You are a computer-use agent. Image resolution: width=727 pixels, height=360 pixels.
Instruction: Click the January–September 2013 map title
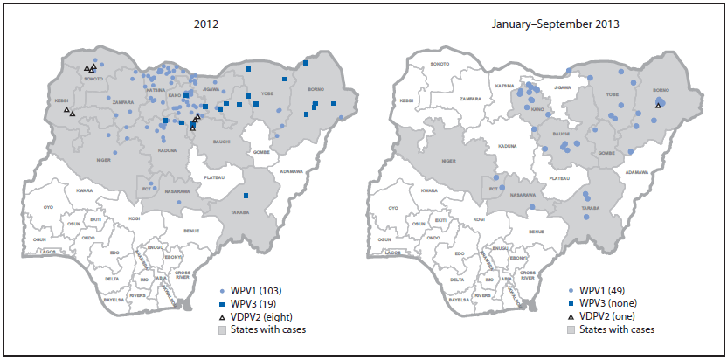556,24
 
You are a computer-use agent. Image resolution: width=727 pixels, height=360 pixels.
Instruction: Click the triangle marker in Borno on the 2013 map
658,106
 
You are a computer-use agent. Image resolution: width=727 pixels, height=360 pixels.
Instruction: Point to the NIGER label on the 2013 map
449,161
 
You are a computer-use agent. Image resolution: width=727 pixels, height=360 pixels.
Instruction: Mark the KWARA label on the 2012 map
85,190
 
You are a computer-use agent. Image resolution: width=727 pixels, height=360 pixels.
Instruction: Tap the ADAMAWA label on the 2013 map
637,172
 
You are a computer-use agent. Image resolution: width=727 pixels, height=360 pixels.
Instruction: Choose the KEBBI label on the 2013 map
406,100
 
